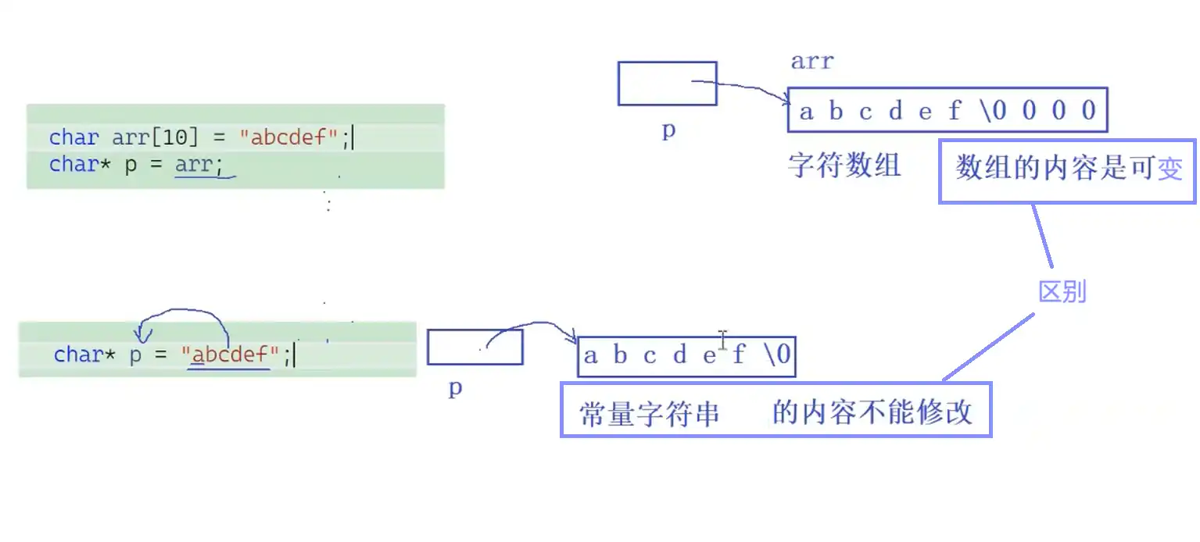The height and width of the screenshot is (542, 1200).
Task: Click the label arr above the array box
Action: pyautogui.click(x=811, y=61)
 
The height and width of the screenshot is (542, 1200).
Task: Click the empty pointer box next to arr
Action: pyautogui.click(x=667, y=83)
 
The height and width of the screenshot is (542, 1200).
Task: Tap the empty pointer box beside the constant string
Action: pyautogui.click(x=474, y=347)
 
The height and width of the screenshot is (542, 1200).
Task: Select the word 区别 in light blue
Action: pyautogui.click(x=1062, y=292)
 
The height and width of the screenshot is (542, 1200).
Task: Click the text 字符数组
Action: pyautogui.click(x=844, y=166)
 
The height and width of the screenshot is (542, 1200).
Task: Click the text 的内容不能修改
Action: pyautogui.click(x=872, y=412)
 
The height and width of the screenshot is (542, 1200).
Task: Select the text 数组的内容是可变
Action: pyautogui.click(x=1068, y=168)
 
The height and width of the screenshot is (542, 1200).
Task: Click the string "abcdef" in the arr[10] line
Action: pyautogui.click(x=288, y=138)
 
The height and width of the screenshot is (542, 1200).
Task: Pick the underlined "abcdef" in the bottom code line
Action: pyautogui.click(x=230, y=355)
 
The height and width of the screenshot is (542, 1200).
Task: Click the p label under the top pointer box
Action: pyautogui.click(x=668, y=130)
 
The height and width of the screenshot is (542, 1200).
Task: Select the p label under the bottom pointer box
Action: pyautogui.click(x=455, y=388)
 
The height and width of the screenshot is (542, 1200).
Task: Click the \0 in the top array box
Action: pyautogui.click(x=993, y=111)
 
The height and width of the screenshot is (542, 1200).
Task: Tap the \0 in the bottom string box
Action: pyautogui.click(x=778, y=356)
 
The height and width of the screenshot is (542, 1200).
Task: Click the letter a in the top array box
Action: pyautogui.click(x=806, y=112)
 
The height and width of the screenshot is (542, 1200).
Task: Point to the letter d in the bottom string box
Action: pyautogui.click(x=679, y=356)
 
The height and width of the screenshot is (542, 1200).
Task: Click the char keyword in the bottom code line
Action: pyautogui.click(x=78, y=355)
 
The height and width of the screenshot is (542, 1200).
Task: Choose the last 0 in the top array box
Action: pyautogui.click(x=1088, y=111)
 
